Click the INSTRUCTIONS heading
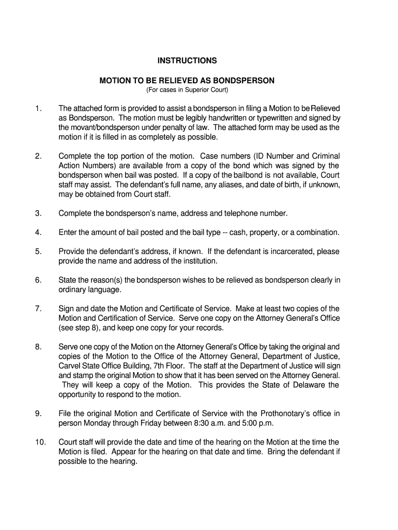click(x=187, y=61)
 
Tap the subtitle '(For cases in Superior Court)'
click(x=187, y=90)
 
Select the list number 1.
click(x=37, y=108)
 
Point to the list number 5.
click(x=38, y=252)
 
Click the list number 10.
click(x=40, y=442)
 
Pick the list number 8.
click(x=38, y=347)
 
